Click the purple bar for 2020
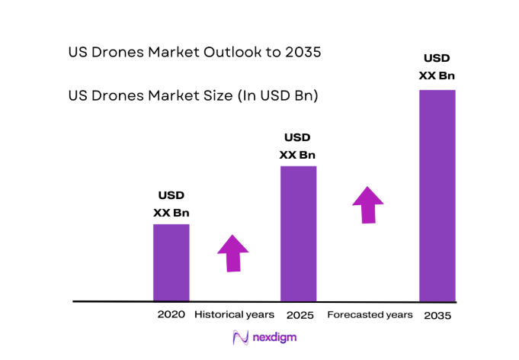pyautogui.click(x=171, y=262)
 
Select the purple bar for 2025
pyautogui.click(x=298, y=233)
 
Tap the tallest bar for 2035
pyautogui.click(x=437, y=194)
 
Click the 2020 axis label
pyautogui.click(x=171, y=314)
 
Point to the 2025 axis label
pyautogui.click(x=300, y=314)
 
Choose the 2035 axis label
pyautogui.click(x=437, y=314)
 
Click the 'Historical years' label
pyautogui.click(x=234, y=314)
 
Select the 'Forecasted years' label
pyautogui.click(x=370, y=314)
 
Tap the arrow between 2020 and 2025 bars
pyautogui.click(x=233, y=252)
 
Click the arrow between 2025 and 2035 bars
pyautogui.click(x=368, y=204)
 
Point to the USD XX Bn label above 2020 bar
pyautogui.click(x=171, y=204)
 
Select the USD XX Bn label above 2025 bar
pyautogui.click(x=297, y=146)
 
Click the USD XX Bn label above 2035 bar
pyautogui.click(x=437, y=66)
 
